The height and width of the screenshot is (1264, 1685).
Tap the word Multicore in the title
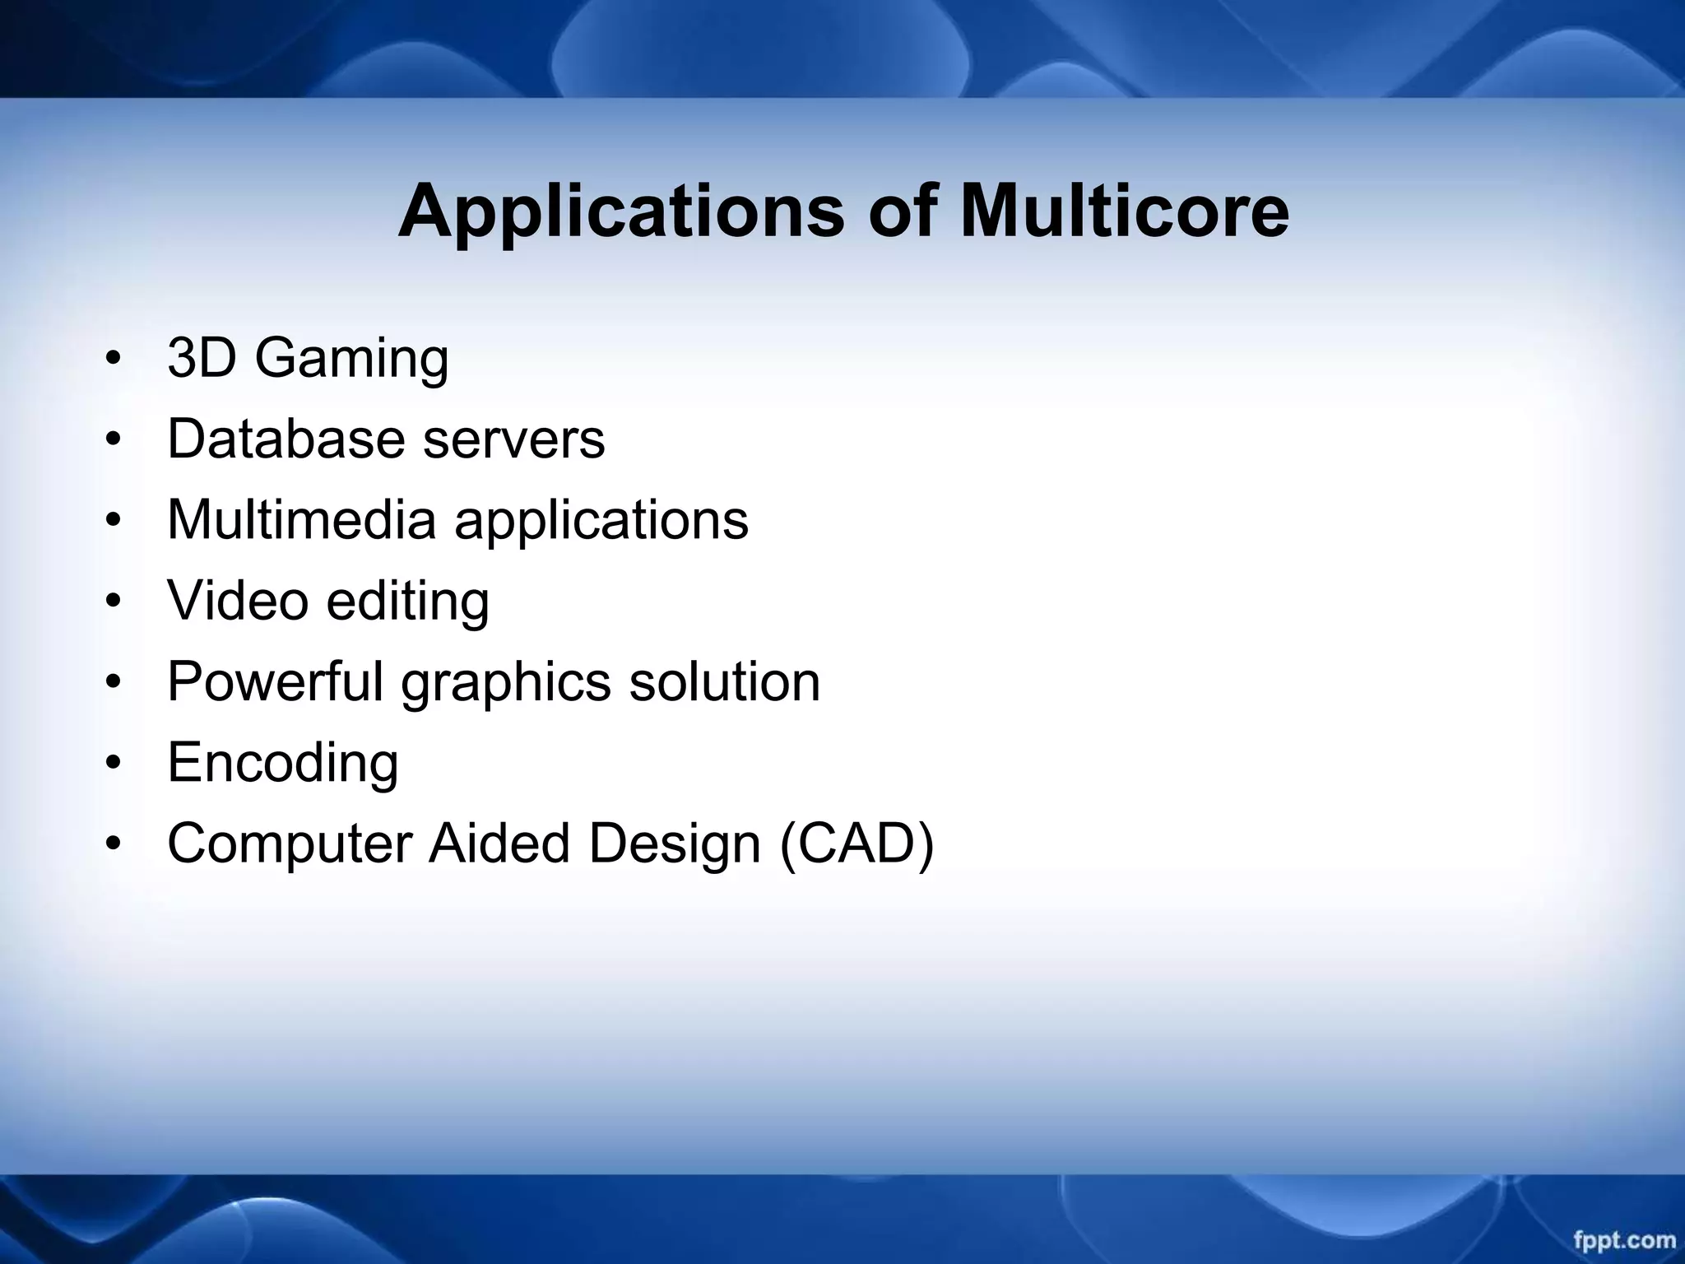click(1124, 211)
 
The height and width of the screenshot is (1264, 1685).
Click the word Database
click(285, 439)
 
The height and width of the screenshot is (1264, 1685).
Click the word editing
click(407, 602)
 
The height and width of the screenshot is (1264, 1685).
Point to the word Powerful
click(275, 681)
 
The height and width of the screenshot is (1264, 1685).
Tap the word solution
click(724, 681)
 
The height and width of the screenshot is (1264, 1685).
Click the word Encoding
click(283, 764)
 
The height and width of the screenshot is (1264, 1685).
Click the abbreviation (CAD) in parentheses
click(856, 843)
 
